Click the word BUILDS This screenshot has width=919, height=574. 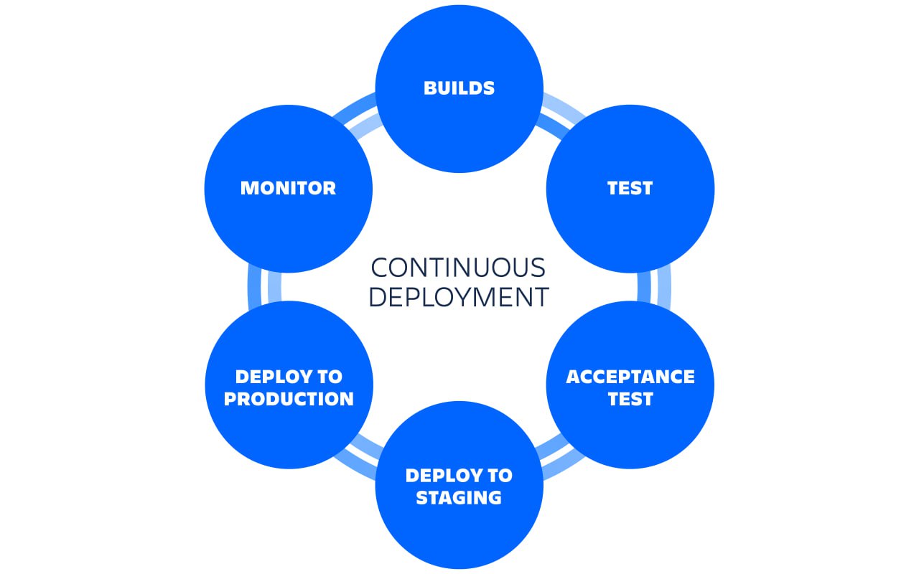pyautogui.click(x=459, y=88)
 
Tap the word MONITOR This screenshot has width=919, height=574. pyautogui.click(x=288, y=188)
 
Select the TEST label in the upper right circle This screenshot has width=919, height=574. pyautogui.click(x=630, y=188)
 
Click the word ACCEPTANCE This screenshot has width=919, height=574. pyautogui.click(x=630, y=377)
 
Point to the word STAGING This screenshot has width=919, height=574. pyautogui.click(x=459, y=497)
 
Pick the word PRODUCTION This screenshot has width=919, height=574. pyautogui.click(x=289, y=399)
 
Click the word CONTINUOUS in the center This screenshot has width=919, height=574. pyautogui.click(x=458, y=268)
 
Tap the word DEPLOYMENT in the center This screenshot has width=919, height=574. pyautogui.click(x=458, y=297)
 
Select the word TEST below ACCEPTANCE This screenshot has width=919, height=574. pyautogui.click(x=630, y=399)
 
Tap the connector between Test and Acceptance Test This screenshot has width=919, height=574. pyautogui.click(x=653, y=286)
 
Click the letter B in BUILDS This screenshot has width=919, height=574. pyautogui.click(x=429, y=88)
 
